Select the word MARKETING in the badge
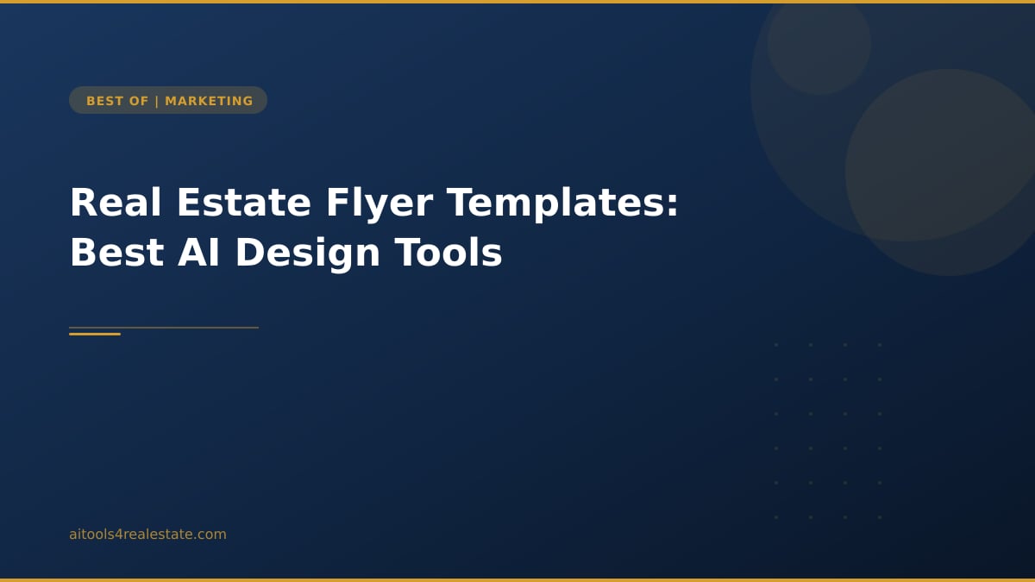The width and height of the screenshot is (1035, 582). coord(209,101)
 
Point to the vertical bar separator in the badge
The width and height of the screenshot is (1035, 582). coord(157,101)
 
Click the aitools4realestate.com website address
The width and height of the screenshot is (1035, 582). coord(147,535)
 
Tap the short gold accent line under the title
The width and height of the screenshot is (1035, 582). coord(95,334)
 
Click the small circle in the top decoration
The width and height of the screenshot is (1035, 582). coord(819,43)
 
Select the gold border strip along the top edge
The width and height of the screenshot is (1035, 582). coord(517,2)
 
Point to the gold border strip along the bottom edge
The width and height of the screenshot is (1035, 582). coord(517,579)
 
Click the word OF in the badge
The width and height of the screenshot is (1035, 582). coord(140,101)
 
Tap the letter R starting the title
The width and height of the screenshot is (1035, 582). coord(81,203)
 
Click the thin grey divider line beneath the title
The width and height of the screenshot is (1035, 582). coord(190,328)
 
